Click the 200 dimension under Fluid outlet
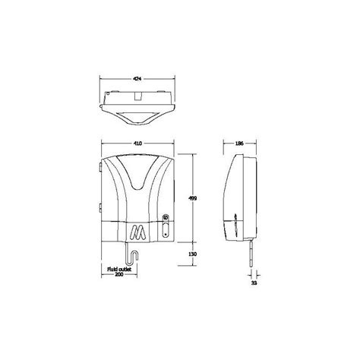[x=120, y=274]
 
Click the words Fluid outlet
[x=120, y=268]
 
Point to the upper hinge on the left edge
[x=99, y=166]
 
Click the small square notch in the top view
[x=137, y=97]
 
